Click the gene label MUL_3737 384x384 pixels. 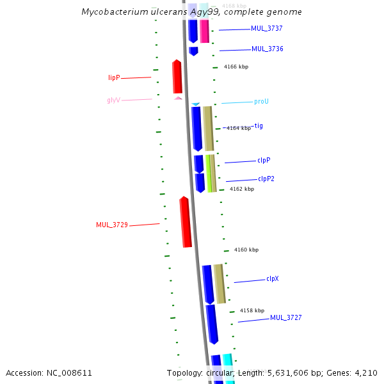pos(267,29)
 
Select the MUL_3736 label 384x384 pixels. pos(267,49)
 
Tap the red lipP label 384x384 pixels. pos(114,77)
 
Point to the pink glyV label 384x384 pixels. pos(113,100)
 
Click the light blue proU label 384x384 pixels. pos(261,102)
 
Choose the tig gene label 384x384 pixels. pos(259,126)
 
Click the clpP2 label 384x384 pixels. pos(266,179)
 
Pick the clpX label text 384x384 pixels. pos(273,279)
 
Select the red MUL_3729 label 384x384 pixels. pos(112,225)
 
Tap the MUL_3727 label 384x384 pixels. pos(285,317)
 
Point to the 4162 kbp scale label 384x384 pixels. pos(242,189)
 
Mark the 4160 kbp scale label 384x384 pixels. pos(246,250)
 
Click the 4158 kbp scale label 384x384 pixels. pos(252,310)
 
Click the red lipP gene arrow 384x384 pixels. pos(177,77)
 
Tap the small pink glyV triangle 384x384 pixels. pos(178,98)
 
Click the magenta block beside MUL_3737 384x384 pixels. pos(204,31)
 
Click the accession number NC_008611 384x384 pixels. pos(70,372)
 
